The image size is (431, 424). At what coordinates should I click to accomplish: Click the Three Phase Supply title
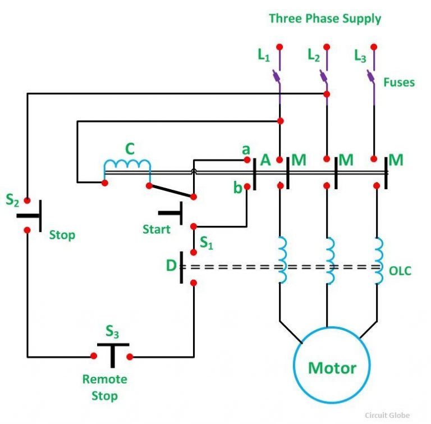325,19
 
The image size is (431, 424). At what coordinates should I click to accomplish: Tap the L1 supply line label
264,55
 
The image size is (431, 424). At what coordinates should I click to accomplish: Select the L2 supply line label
314,55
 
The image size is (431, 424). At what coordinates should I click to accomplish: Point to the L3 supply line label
360,55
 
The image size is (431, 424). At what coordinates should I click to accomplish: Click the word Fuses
399,83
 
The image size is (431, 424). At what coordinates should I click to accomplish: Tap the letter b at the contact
237,188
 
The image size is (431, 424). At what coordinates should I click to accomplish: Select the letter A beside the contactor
266,161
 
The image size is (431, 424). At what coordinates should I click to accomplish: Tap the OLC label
401,271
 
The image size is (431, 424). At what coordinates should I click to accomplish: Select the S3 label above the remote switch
112,333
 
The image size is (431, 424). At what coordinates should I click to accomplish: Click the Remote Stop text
105,387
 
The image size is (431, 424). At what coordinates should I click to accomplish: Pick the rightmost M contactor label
396,161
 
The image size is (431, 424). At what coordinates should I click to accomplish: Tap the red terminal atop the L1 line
279,46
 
